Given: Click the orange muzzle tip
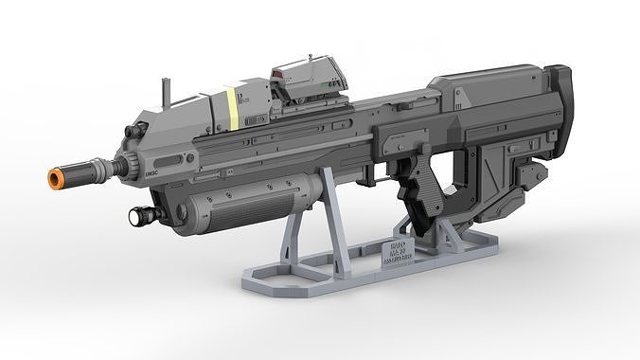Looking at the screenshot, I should tap(58, 179).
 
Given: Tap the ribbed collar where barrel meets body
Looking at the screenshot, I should tap(117, 168).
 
